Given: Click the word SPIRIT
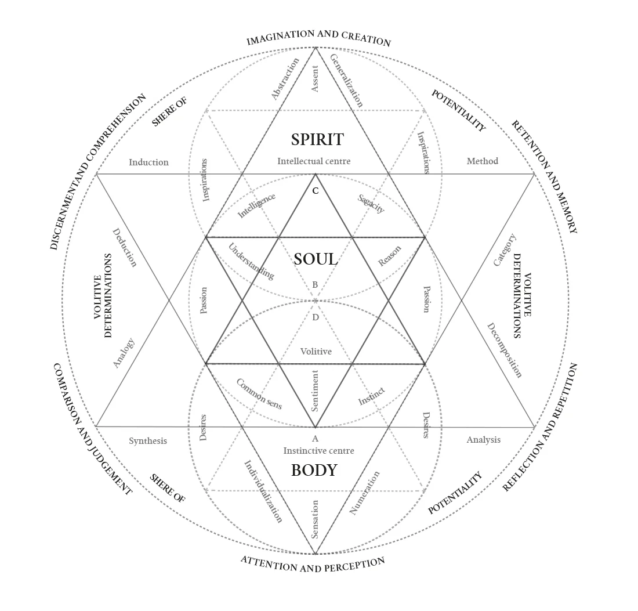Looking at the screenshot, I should [317, 140].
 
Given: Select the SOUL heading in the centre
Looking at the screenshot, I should [316, 259].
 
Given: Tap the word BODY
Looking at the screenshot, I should [314, 470].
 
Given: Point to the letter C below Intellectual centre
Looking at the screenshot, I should [316, 191].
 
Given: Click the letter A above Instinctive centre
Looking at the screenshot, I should [316, 439].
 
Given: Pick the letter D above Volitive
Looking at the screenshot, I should [316, 317].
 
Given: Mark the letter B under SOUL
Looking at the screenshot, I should [315, 285].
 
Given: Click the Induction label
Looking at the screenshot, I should [148, 162].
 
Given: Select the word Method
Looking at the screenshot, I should [483, 161].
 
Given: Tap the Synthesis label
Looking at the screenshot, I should [147, 441].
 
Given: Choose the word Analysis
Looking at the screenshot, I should [483, 440].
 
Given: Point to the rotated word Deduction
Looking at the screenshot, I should [124, 247].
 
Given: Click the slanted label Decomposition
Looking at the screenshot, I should [505, 350].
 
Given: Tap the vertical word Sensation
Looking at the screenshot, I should [315, 519].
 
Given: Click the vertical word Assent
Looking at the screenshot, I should [315, 79].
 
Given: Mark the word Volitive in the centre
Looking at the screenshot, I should [316, 352].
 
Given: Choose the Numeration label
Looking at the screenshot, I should [365, 493].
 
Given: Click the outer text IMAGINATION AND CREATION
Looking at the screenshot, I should [318, 38].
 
